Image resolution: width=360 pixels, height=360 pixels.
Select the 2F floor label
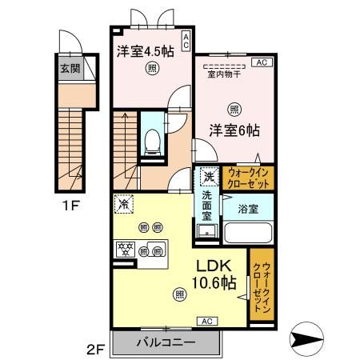95,347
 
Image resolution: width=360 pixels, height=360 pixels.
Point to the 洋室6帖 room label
235,130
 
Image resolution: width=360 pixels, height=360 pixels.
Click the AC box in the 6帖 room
261,62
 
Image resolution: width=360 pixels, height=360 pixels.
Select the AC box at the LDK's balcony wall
204,320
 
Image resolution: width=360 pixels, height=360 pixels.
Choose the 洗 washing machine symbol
208,176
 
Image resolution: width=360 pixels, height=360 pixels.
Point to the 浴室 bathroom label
246,209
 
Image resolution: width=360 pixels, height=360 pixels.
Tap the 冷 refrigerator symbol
123,204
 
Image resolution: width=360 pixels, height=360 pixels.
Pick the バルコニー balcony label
166,342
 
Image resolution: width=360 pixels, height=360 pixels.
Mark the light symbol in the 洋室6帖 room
234,108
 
